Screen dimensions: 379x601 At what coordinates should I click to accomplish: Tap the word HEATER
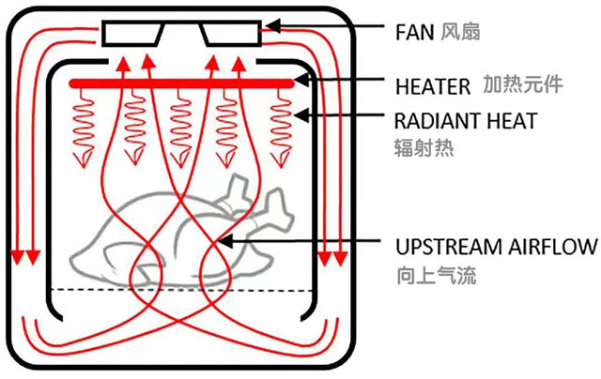[x=431, y=86]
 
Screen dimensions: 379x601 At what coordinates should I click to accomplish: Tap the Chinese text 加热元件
[x=523, y=84]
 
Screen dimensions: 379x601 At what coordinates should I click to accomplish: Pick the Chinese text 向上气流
[x=427, y=275]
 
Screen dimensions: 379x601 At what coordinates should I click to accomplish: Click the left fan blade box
[x=132, y=34]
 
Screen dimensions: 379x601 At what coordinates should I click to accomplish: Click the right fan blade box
[x=230, y=34]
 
